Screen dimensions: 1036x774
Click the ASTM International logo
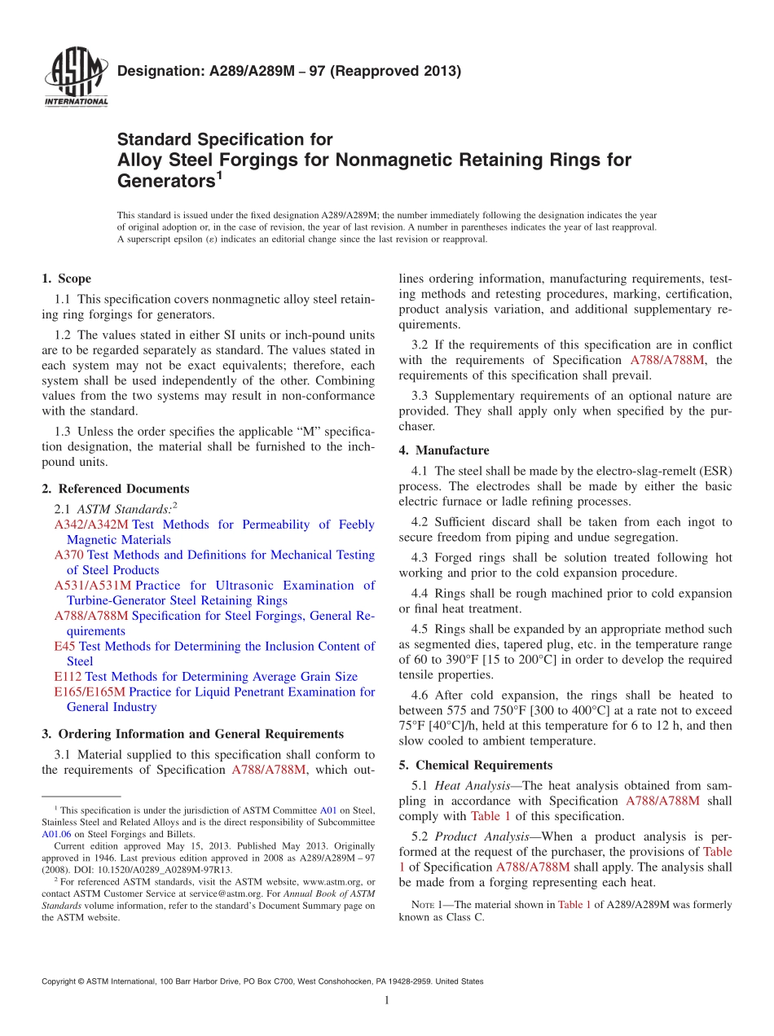point(75,77)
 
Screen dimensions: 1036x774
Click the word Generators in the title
point(163,180)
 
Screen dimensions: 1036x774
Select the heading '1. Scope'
point(67,279)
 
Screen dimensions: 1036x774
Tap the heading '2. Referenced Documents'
point(116,489)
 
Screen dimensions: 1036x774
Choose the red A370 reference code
point(69,555)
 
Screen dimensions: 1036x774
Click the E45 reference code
point(64,647)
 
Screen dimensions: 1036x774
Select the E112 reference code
point(68,677)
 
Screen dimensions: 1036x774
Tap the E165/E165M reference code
point(90,692)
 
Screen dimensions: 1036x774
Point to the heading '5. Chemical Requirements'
point(476,765)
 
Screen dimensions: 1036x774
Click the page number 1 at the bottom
point(387,1000)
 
